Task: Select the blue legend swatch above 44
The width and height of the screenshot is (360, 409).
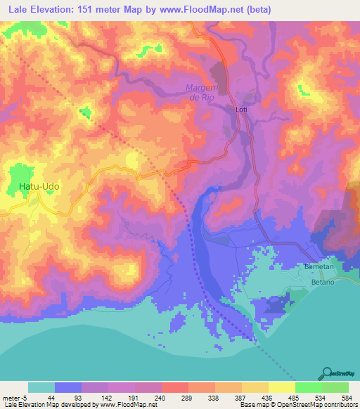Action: (x=68, y=387)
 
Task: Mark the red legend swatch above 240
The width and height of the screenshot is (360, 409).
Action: (x=174, y=387)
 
